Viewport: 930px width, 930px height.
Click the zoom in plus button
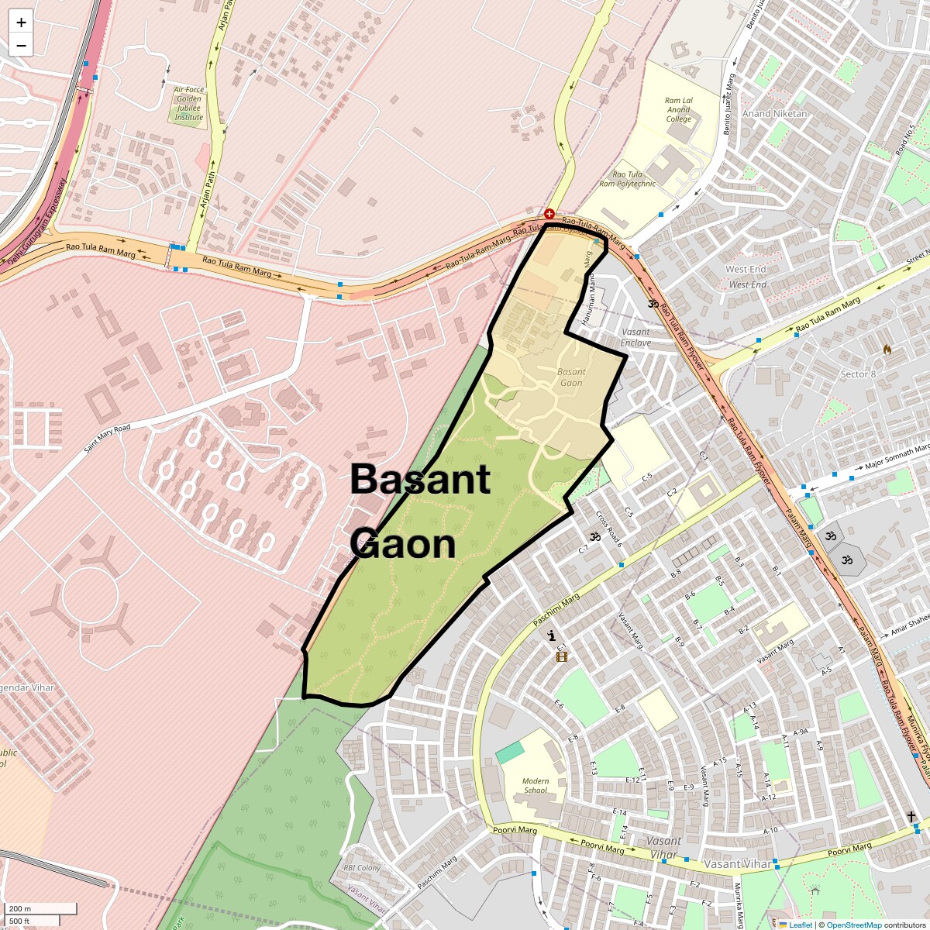point(21,22)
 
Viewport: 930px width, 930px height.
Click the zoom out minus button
point(21,46)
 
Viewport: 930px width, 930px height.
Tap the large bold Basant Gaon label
point(419,511)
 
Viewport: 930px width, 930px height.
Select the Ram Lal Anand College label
point(679,110)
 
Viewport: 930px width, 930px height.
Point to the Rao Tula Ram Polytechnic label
point(633,179)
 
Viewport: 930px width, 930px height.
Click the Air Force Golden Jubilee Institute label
point(189,103)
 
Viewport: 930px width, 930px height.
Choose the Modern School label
point(536,786)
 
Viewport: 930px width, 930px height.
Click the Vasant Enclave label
point(635,337)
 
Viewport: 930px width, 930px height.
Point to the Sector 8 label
point(858,374)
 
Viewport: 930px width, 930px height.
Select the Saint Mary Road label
point(108,438)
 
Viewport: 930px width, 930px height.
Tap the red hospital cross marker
point(549,213)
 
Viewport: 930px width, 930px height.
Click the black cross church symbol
point(911,816)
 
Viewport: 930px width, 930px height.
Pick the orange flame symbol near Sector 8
point(887,350)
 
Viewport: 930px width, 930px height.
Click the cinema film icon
point(562,657)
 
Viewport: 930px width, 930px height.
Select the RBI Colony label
point(362,868)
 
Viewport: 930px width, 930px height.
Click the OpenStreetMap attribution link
point(853,925)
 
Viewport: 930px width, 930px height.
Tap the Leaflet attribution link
point(800,925)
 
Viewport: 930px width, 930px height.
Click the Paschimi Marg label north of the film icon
point(556,611)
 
